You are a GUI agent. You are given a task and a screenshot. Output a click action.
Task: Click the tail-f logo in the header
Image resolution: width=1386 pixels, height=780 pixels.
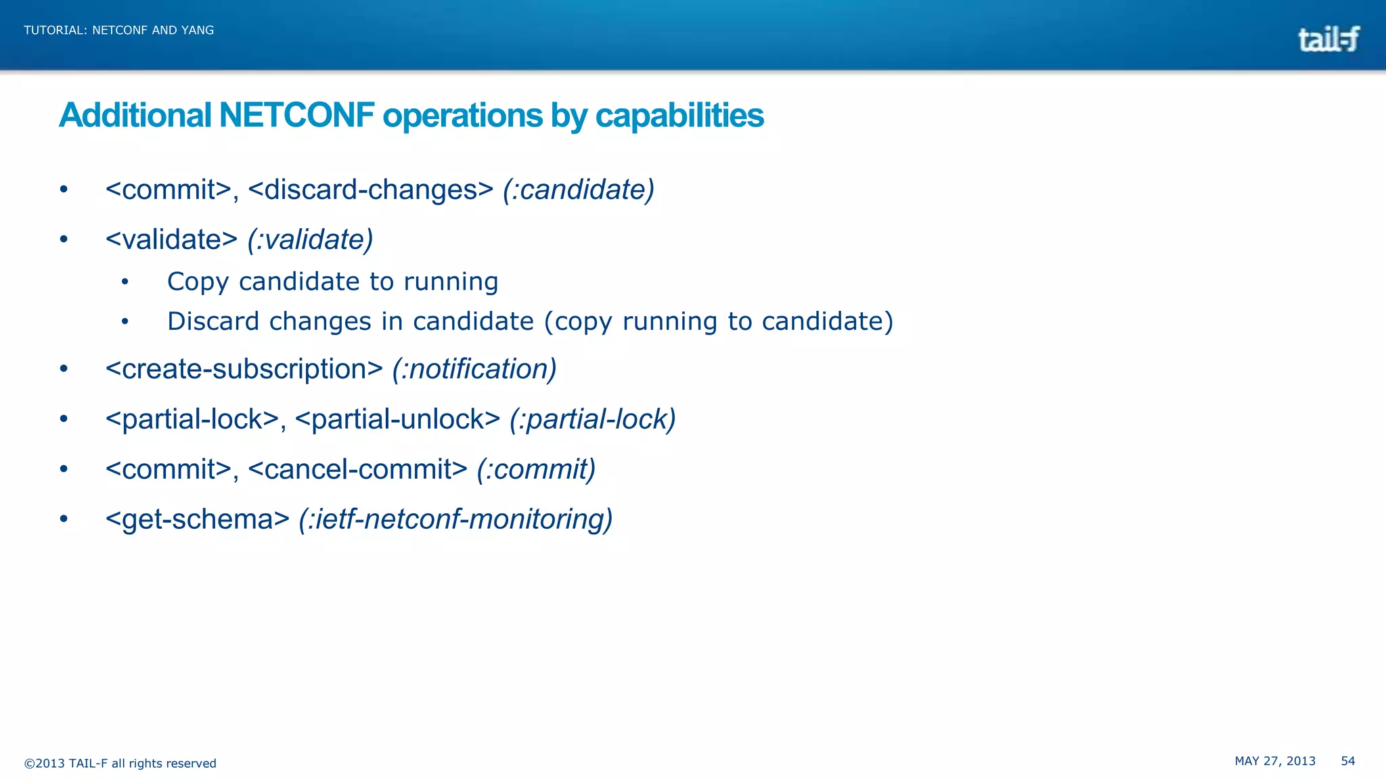(x=1328, y=39)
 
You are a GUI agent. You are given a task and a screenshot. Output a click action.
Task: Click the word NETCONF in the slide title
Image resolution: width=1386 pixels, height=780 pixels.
(x=296, y=115)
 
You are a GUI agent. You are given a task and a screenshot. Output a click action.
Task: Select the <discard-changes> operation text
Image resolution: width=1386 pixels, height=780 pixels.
(x=371, y=190)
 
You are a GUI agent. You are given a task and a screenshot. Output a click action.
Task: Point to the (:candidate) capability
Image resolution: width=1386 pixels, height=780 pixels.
(x=579, y=190)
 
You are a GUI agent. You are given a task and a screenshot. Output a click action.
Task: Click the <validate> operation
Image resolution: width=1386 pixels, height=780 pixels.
(x=171, y=240)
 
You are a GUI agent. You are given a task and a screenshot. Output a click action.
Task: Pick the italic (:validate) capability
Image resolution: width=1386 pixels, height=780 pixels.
(x=310, y=240)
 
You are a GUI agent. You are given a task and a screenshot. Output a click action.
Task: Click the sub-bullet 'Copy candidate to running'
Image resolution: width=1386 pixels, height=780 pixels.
(x=332, y=282)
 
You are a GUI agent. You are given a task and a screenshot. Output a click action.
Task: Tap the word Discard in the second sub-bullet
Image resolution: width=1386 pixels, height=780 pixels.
(x=213, y=321)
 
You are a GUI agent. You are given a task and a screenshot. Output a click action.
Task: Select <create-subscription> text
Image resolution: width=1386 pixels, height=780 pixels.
(x=244, y=369)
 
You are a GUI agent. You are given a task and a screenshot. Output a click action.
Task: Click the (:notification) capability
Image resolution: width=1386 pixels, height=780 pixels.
(x=474, y=369)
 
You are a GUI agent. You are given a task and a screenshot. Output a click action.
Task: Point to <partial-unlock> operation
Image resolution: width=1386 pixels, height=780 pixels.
(x=398, y=419)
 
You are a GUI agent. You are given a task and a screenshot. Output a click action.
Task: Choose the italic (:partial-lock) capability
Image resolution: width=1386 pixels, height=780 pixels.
(x=592, y=419)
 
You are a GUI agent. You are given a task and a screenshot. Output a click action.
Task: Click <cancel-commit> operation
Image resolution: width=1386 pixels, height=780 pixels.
(x=358, y=469)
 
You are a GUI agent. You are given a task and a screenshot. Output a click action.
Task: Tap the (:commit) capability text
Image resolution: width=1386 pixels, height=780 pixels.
(x=536, y=469)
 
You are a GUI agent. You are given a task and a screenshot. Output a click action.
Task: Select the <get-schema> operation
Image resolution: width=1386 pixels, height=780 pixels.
(x=198, y=519)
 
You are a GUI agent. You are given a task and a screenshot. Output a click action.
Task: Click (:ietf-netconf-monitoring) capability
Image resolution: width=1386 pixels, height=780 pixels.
(x=455, y=519)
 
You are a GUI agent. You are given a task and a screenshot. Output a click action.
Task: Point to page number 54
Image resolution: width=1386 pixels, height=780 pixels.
(x=1347, y=761)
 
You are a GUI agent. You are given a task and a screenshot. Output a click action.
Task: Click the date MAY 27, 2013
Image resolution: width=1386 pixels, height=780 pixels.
(x=1275, y=761)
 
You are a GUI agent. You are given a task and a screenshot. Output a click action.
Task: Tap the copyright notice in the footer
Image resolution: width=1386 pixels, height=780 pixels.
(x=120, y=764)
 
